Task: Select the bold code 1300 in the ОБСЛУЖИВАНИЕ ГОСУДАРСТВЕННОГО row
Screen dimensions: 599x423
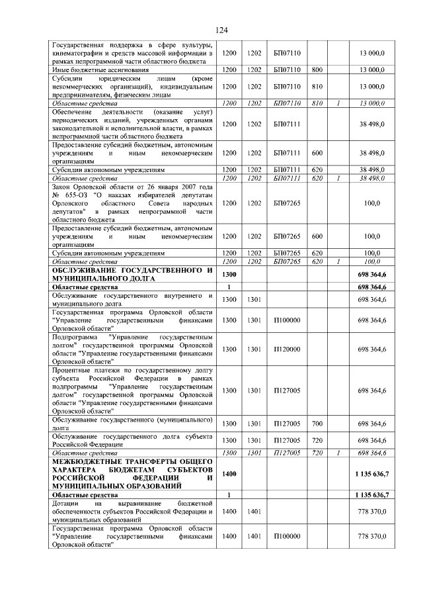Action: pyautogui.click(x=229, y=274)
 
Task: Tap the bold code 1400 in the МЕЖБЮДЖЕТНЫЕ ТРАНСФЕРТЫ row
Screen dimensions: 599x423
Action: pyautogui.click(x=229, y=474)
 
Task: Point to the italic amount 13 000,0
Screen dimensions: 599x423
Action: pyautogui.click(x=372, y=103)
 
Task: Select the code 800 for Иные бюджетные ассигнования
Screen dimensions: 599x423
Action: pyautogui.click(x=317, y=69)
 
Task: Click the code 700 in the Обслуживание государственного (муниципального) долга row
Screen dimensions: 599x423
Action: pyautogui.click(x=317, y=424)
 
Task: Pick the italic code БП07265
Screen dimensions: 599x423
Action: pyautogui.click(x=287, y=262)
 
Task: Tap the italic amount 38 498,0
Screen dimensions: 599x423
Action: pyautogui.click(x=372, y=179)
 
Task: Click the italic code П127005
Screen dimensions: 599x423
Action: pyautogui.click(x=287, y=453)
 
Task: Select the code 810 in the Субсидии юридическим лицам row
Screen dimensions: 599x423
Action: pyautogui.click(x=317, y=86)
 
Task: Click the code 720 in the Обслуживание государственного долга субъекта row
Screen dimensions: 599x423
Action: pyautogui.click(x=317, y=440)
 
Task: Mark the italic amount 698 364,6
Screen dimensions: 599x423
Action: pyautogui.click(x=372, y=453)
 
